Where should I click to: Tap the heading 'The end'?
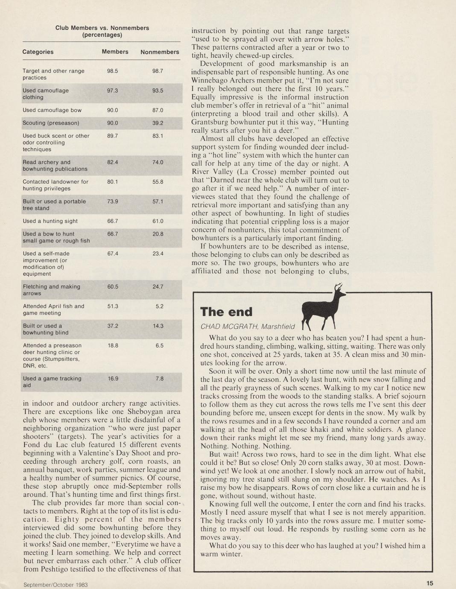(226, 312)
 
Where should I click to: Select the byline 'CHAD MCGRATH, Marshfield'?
(247, 327)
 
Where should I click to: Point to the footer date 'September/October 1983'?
(56, 584)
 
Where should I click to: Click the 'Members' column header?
(115, 52)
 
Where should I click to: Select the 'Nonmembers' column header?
(160, 52)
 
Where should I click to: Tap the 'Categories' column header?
(38, 52)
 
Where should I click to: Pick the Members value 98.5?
(112, 71)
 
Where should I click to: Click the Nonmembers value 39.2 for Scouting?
(158, 123)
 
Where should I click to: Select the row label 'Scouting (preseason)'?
(51, 123)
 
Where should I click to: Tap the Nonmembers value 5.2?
(159, 306)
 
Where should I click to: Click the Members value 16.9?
(112, 378)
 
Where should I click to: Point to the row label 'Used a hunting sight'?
(50, 221)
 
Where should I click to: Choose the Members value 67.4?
(112, 254)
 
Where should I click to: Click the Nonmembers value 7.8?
(159, 378)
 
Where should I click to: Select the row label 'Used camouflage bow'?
(52, 110)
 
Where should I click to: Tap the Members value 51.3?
(112, 306)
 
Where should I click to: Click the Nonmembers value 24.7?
(158, 286)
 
